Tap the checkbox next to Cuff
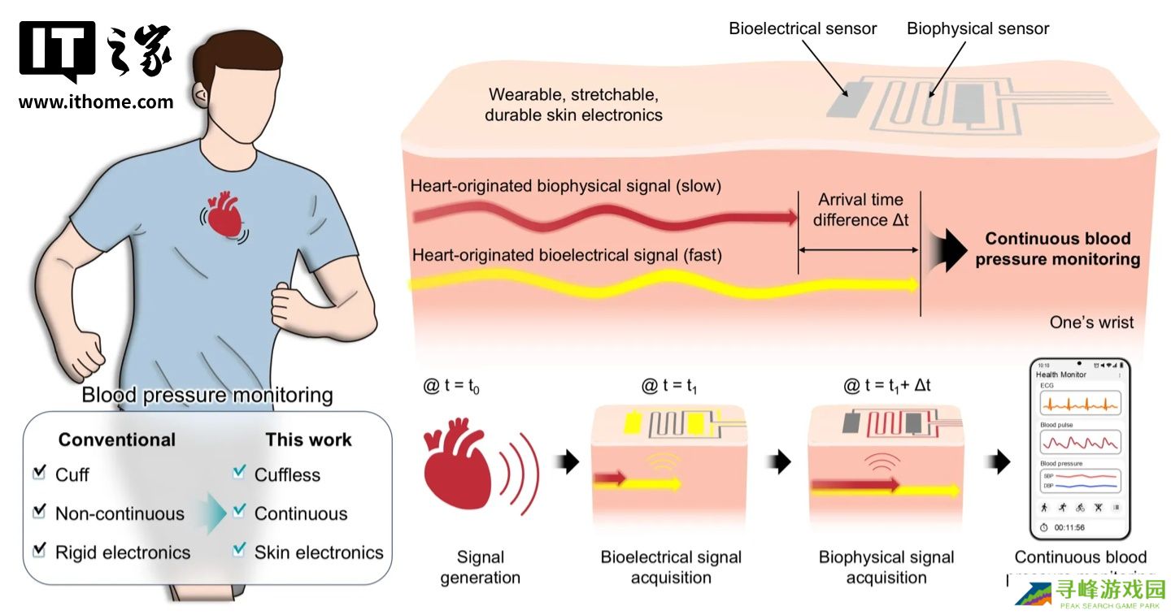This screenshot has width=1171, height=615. click(38, 474)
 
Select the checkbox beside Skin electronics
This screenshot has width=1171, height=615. click(238, 551)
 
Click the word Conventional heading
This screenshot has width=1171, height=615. click(117, 440)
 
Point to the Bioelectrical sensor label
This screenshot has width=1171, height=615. click(802, 28)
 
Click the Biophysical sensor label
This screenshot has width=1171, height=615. click(977, 28)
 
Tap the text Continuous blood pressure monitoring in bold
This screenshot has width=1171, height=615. click(1057, 249)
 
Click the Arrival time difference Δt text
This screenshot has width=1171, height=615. click(860, 210)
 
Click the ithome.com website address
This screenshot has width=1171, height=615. click(96, 102)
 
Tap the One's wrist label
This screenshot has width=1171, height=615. click(1091, 323)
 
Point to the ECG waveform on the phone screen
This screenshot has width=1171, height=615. click(1080, 403)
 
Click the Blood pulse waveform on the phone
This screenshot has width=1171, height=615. click(1080, 442)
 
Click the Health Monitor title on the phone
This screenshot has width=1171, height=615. click(1060, 375)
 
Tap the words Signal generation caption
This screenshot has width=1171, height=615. click(481, 567)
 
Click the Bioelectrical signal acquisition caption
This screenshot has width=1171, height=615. click(671, 567)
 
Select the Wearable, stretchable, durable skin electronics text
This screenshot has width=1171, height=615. click(573, 105)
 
